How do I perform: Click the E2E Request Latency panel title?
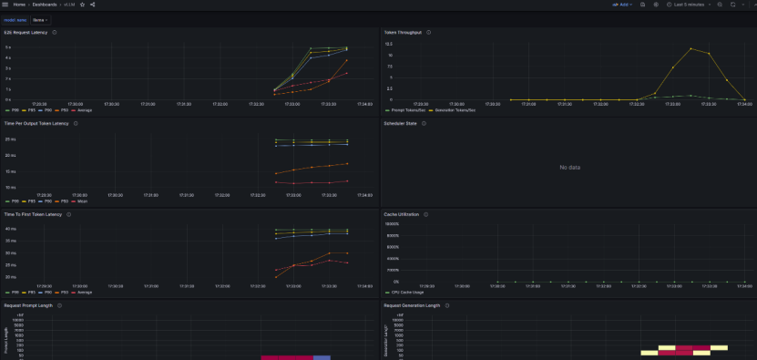25,32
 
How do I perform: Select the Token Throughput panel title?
402,32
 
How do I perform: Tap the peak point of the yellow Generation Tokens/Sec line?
691,48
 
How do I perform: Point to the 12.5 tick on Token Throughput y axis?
388,44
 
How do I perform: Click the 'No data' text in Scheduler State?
569,168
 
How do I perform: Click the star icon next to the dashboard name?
83,5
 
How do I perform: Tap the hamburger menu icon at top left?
5,5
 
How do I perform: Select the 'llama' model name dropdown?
41,18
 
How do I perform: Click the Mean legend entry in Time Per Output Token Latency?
80,201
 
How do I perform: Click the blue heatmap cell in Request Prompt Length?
322,357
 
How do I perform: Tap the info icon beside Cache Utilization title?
425,215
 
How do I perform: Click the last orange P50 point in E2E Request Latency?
346,60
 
